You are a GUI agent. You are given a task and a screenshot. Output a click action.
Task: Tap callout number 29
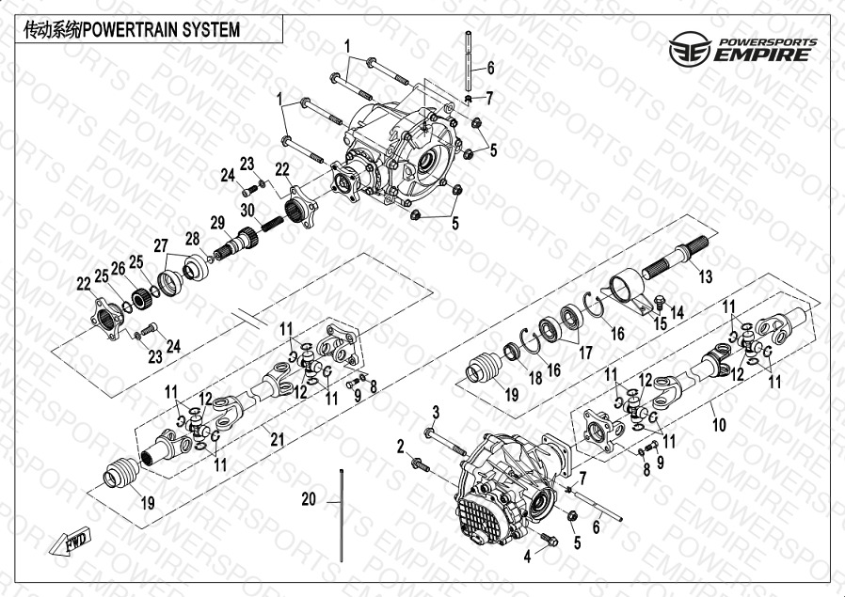(x=216, y=223)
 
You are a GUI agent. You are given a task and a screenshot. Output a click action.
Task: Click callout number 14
(x=677, y=310)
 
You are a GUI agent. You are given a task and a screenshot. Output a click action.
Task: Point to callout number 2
(x=399, y=446)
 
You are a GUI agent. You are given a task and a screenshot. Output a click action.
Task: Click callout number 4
(x=528, y=557)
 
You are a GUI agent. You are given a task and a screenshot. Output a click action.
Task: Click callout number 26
(x=119, y=268)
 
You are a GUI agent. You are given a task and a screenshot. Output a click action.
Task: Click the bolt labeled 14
(x=660, y=304)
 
